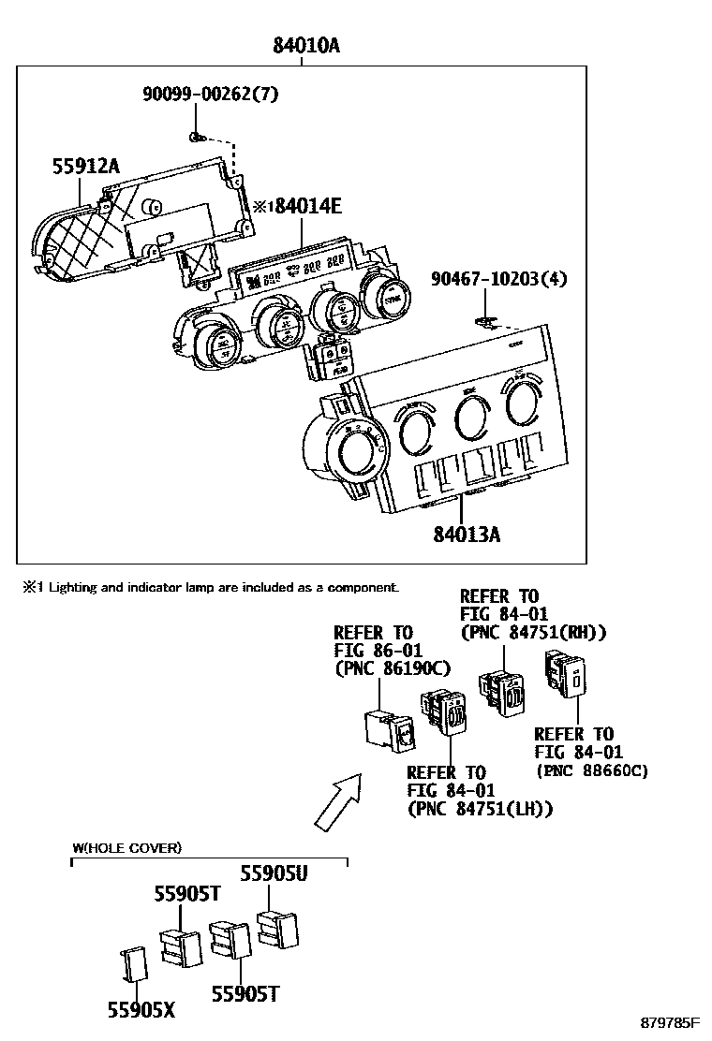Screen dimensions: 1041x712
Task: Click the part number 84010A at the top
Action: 305,45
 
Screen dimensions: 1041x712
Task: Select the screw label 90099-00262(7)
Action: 211,95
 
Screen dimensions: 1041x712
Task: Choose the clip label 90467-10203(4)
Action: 499,279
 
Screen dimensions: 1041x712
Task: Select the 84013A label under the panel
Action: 466,535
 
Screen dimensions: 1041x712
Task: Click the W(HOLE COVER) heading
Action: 126,848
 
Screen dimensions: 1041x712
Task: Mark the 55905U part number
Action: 274,872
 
